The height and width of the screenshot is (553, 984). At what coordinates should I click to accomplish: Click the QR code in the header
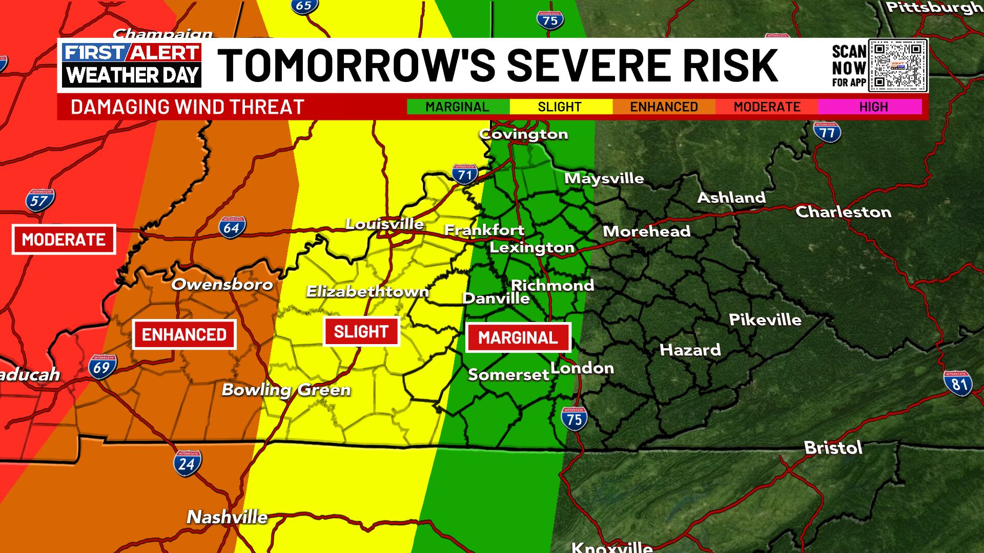(898, 66)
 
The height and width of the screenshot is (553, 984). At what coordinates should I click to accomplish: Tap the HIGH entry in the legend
(873, 107)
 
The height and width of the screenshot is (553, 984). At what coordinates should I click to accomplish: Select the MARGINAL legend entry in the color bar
(457, 107)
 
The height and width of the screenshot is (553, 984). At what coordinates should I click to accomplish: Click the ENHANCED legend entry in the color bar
(664, 107)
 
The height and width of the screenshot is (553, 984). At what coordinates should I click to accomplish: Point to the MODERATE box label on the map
(64, 240)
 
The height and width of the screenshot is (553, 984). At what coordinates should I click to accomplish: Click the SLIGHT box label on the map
(361, 332)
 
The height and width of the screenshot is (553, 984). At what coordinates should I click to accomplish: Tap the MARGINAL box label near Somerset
(518, 338)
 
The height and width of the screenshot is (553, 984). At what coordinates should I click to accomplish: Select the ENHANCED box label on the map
(184, 335)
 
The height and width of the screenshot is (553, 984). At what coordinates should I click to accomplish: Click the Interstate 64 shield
(232, 227)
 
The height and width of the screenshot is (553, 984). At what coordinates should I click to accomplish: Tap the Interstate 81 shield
(958, 382)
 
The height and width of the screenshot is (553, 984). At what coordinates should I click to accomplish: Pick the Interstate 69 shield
(101, 367)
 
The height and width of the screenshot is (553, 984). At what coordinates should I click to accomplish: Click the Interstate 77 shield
(827, 132)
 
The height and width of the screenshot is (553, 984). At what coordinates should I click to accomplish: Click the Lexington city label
(532, 248)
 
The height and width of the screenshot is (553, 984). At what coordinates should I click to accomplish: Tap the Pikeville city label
(765, 320)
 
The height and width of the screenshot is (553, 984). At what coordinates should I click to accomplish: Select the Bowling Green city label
(286, 390)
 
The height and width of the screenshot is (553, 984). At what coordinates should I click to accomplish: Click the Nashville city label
(227, 517)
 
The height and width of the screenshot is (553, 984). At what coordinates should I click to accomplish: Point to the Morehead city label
(646, 231)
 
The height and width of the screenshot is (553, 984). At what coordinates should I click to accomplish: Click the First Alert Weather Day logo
(132, 65)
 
